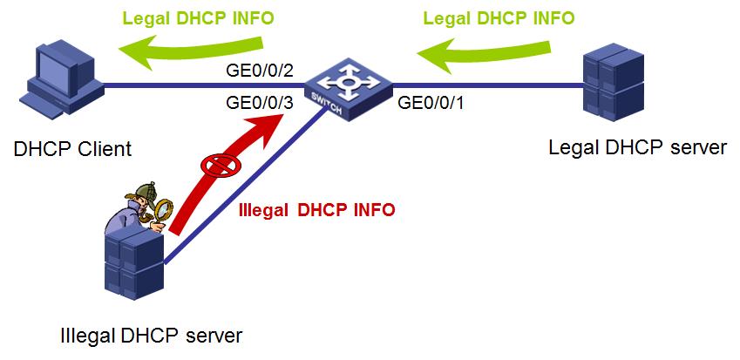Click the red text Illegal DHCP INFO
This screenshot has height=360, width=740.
(x=316, y=209)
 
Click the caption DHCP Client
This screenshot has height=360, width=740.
(x=72, y=148)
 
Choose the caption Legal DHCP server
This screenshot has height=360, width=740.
(x=638, y=146)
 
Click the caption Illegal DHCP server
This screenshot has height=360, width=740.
(x=151, y=334)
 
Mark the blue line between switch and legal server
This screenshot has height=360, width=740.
(x=488, y=85)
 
